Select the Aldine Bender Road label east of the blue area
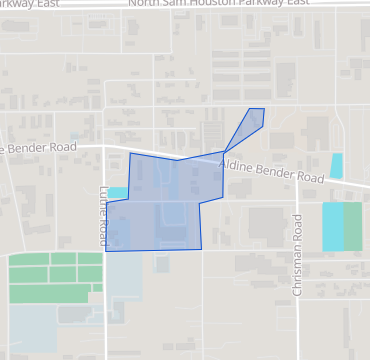(x=272, y=169)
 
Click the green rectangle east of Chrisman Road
(x=352, y=227)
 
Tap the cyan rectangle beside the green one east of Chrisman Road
(x=332, y=227)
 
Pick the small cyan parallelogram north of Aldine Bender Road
(x=336, y=166)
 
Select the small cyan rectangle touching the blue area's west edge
(x=117, y=192)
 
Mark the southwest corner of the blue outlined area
(x=106, y=250)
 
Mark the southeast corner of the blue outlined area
(x=200, y=249)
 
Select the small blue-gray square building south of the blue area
(x=162, y=263)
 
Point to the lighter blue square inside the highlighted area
(x=172, y=213)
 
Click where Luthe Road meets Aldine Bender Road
(x=105, y=150)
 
